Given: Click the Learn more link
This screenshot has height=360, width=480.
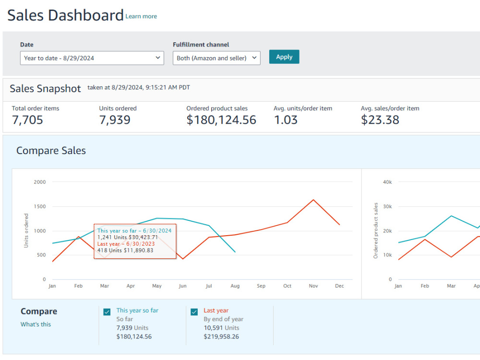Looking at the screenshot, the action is click(141, 16).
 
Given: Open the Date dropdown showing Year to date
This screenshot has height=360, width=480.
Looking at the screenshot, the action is click(92, 58).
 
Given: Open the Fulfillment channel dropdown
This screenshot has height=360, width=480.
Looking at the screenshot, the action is click(216, 58).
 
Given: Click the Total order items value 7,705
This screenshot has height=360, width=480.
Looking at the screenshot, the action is click(27, 120).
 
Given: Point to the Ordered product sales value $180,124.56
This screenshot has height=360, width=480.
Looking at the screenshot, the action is click(221, 120).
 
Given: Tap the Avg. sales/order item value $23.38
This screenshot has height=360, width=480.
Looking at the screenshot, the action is click(380, 120).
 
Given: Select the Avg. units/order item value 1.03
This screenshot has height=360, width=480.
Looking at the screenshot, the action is click(286, 120).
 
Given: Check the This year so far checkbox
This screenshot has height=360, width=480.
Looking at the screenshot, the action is click(107, 312).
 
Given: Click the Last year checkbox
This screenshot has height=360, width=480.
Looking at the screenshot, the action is click(194, 312).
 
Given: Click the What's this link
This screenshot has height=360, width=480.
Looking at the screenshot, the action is click(36, 324).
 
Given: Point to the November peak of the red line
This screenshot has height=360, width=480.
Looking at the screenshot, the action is click(313, 200).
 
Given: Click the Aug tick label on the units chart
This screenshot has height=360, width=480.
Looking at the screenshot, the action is click(235, 286).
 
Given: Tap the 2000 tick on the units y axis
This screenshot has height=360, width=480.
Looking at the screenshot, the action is click(40, 182).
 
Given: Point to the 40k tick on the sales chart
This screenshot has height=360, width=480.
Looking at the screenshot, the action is click(387, 182).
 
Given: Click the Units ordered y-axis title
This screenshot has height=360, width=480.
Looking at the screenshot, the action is click(26, 230).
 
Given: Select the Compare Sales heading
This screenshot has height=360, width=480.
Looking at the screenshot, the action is click(51, 151).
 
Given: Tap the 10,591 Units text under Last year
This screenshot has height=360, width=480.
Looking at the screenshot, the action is click(221, 328).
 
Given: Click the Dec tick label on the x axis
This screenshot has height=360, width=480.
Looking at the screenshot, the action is click(339, 286).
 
